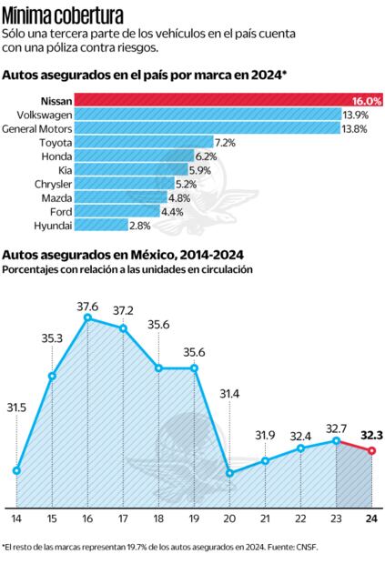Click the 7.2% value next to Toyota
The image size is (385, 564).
click(225, 143)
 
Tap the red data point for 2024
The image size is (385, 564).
click(371, 451)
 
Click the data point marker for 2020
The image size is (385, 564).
click(229, 473)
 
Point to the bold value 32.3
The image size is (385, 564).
click(371, 435)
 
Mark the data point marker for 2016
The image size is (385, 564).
click(87, 318)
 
